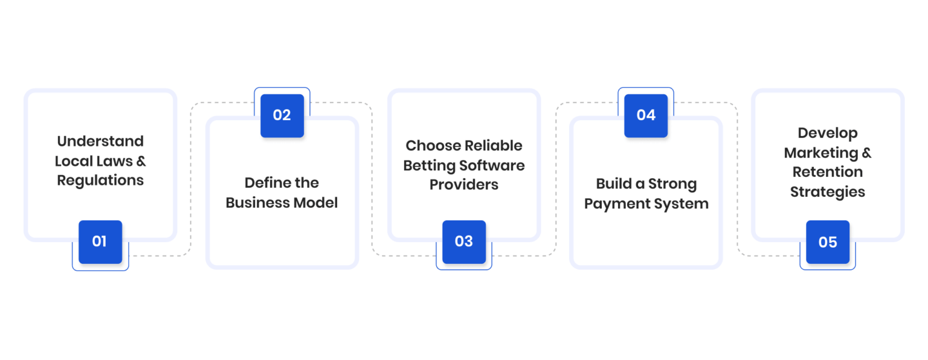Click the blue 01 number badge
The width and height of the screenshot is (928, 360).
pyautogui.click(x=100, y=242)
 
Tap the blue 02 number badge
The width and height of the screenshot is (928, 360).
pyautogui.click(x=282, y=115)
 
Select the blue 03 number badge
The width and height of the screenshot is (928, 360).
pyautogui.click(x=464, y=242)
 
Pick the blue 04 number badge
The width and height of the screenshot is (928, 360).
pyautogui.click(x=646, y=115)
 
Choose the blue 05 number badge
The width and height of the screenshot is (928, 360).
pyautogui.click(x=828, y=242)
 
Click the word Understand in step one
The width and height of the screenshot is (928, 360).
pyautogui.click(x=100, y=141)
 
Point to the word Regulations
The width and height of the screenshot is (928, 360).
pyautogui.click(x=100, y=181)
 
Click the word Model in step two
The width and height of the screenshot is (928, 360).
pyautogui.click(x=316, y=202)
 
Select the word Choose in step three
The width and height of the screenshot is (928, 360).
pyautogui.click(x=433, y=146)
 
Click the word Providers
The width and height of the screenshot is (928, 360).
pyautogui.click(x=464, y=185)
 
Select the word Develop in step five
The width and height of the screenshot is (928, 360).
pyautogui.click(x=828, y=133)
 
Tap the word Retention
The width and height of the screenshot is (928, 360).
pyautogui.click(x=828, y=172)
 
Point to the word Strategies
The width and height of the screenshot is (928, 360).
pyautogui.click(x=828, y=192)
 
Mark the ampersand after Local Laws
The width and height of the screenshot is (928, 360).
pyautogui.click(x=141, y=161)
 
